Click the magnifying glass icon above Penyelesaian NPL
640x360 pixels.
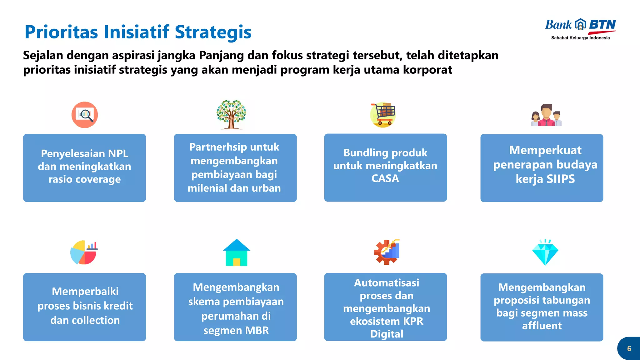(x=85, y=115)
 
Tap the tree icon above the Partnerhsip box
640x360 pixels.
(x=231, y=114)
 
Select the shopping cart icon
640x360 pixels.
(x=383, y=114)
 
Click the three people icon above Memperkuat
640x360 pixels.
(x=546, y=115)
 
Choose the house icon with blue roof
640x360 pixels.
(x=237, y=253)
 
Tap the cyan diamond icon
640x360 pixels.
(x=545, y=253)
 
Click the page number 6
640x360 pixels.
(x=629, y=349)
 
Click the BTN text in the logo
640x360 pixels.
(x=602, y=25)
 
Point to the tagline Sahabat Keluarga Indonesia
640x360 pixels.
(x=580, y=38)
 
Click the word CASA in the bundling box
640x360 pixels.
(x=385, y=178)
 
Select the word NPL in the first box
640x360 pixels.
(x=118, y=153)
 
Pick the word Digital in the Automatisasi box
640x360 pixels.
(x=387, y=334)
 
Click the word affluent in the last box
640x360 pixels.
(x=542, y=326)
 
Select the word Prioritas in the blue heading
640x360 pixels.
(x=61, y=32)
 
